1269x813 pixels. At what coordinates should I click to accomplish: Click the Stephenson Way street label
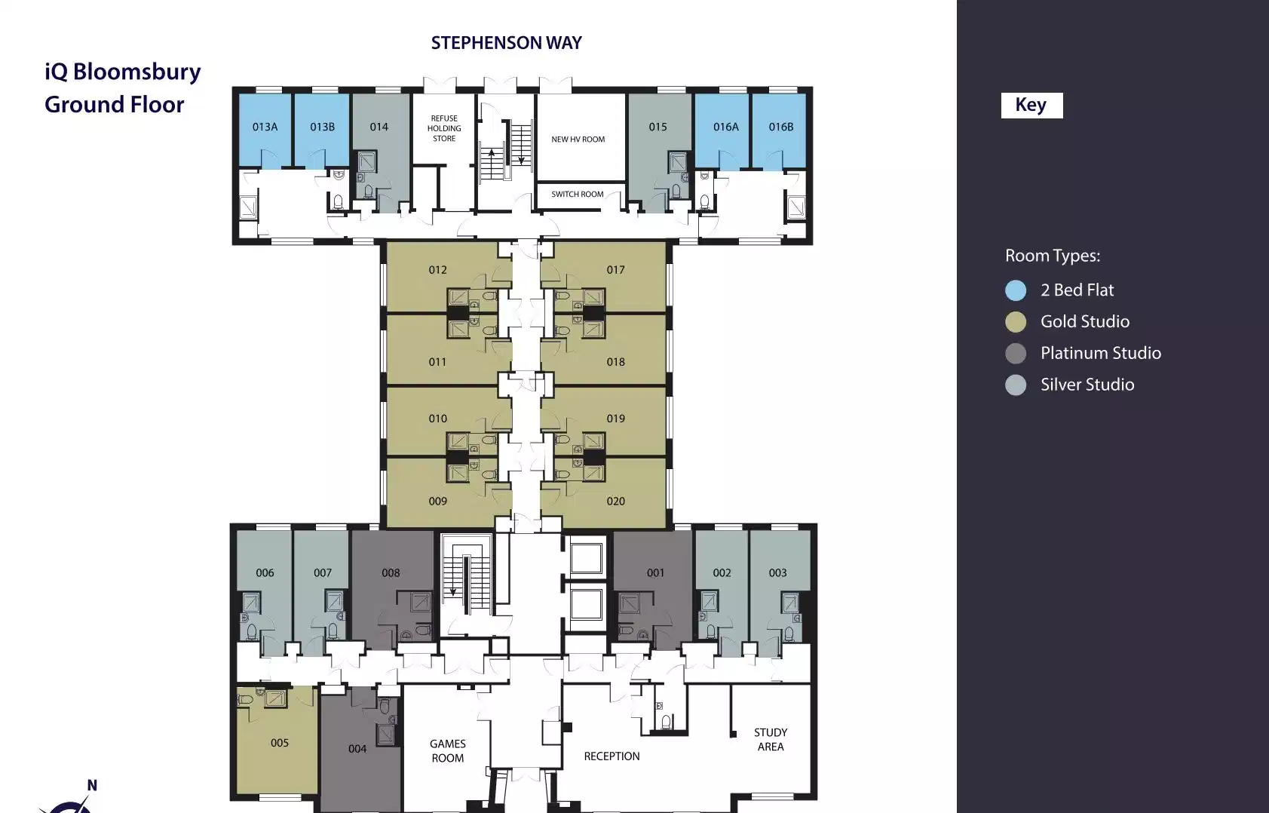507,43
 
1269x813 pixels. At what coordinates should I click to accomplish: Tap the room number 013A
265,127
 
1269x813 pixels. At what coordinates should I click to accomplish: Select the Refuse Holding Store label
444,129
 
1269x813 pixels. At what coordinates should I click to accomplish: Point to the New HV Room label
578,140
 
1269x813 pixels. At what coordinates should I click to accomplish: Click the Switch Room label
578,194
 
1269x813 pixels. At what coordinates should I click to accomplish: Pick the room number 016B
780,127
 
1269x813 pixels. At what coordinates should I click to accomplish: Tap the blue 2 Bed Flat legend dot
1016,290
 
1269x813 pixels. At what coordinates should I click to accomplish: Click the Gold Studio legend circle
1016,322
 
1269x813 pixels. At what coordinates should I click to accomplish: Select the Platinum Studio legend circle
1016,354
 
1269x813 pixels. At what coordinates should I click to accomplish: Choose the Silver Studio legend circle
1016,385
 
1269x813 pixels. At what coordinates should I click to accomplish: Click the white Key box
1031,106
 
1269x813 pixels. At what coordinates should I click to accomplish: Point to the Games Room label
448,750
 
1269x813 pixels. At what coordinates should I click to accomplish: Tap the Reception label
612,756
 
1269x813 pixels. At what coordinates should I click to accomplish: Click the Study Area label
771,739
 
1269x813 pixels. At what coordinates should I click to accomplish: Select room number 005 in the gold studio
279,743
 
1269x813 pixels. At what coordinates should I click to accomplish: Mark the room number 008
391,572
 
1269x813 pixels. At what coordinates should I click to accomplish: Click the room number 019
616,419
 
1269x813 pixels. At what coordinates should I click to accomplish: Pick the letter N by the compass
92,785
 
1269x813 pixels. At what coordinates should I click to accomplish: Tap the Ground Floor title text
115,105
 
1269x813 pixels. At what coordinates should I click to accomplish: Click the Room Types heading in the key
1053,256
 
